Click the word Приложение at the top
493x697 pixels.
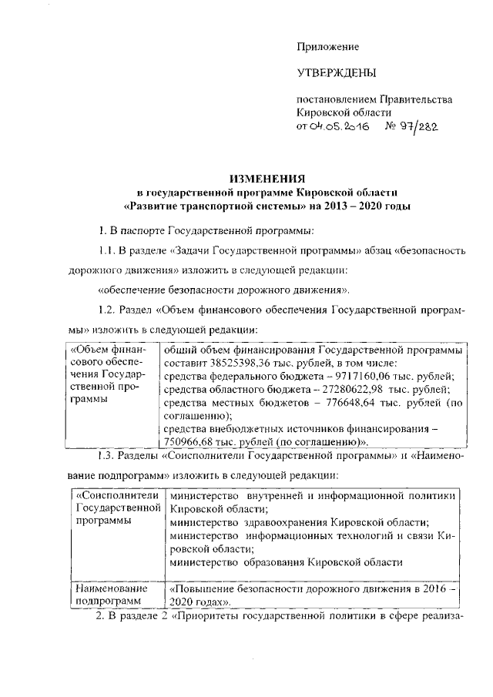point(328,47)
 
